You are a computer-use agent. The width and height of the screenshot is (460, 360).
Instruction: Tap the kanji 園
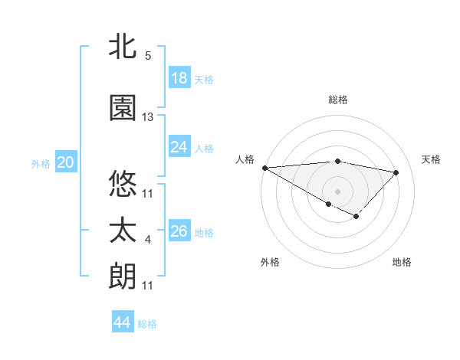[123, 108]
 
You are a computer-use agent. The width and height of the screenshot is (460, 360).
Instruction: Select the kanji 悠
[123, 184]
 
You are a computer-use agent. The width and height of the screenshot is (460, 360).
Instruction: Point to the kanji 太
[123, 230]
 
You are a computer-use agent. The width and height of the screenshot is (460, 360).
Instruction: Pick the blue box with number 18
[179, 78]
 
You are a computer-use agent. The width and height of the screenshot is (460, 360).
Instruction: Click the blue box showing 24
[179, 147]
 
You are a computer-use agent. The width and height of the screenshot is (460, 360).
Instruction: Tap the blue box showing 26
[179, 231]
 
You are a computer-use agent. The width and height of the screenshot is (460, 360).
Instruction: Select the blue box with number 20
[66, 162]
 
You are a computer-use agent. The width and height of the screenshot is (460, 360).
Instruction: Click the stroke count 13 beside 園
[148, 117]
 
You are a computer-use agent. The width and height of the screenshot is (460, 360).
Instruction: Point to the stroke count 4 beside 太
[148, 241]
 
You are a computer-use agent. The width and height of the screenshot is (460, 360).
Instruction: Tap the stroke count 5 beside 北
[148, 56]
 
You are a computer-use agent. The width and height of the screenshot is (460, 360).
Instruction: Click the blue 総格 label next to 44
[147, 324]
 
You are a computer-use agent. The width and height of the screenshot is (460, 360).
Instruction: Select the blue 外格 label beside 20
[41, 163]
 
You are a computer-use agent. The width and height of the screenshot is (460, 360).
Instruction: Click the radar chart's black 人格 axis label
[245, 159]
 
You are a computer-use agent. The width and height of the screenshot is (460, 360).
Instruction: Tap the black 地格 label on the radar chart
[402, 262]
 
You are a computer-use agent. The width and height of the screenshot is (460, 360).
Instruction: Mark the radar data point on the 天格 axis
[396, 172]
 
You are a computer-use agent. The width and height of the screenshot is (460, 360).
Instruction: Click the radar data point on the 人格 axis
[264, 168]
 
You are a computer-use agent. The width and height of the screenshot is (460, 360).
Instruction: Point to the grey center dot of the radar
[337, 191]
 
